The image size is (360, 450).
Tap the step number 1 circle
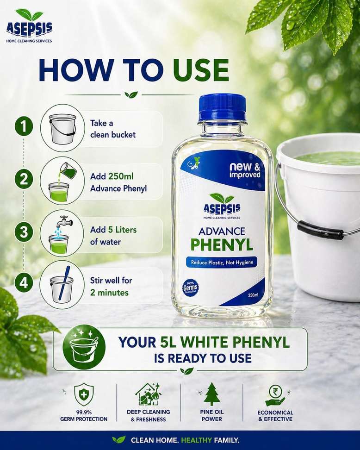click(24, 126)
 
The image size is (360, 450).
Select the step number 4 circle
click(24, 283)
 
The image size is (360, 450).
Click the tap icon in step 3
click(65, 222)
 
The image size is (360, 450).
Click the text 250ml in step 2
click(121, 176)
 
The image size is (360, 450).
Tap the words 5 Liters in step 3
click(122, 230)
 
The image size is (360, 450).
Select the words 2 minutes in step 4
click(109, 293)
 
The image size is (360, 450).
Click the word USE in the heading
click(201, 70)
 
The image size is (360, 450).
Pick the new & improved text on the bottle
click(245, 170)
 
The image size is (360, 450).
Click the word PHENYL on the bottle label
click(222, 244)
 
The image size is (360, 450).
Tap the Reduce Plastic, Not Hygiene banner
click(222, 262)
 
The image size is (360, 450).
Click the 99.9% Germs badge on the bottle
click(190, 287)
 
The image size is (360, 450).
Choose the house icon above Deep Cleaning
click(148, 394)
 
